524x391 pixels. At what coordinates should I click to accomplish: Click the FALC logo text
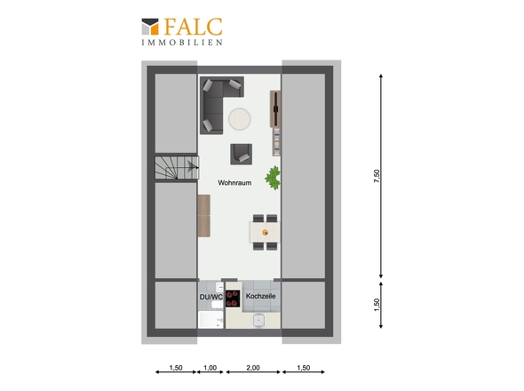click(x=193, y=27)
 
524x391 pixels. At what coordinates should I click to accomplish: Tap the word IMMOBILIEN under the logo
click(x=182, y=43)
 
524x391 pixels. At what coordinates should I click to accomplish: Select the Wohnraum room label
click(x=234, y=183)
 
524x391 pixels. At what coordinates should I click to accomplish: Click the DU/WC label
click(x=211, y=297)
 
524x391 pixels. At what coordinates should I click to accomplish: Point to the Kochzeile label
click(x=260, y=296)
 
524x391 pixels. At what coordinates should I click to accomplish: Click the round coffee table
click(x=240, y=119)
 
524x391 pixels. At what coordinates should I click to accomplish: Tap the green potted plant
click(x=273, y=178)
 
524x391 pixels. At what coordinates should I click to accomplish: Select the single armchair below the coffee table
click(x=241, y=155)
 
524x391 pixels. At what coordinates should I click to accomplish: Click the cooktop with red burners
click(x=233, y=299)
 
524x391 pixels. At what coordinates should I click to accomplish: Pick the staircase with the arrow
click(x=177, y=167)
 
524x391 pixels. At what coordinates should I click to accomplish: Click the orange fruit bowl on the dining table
click(x=265, y=232)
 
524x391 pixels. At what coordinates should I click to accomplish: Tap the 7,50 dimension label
click(x=377, y=176)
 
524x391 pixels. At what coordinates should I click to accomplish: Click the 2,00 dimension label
click(x=253, y=368)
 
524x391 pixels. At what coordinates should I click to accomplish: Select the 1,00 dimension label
click(x=210, y=368)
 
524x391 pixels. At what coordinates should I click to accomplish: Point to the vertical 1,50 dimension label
click(x=377, y=305)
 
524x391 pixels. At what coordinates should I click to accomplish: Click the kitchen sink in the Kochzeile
click(x=259, y=321)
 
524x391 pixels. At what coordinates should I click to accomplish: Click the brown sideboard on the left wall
click(x=204, y=216)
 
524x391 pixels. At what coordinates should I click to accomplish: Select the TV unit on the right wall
click(x=275, y=109)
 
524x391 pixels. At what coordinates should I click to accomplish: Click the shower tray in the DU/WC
click(x=210, y=320)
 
